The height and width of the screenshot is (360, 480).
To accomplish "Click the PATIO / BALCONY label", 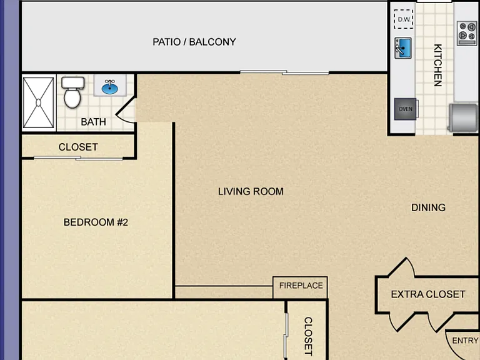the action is click(x=194, y=42).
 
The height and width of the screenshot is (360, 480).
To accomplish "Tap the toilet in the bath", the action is click(x=72, y=92).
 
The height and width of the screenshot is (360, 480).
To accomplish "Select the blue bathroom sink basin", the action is click(x=110, y=87).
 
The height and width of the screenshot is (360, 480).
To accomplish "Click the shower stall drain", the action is click(x=38, y=102).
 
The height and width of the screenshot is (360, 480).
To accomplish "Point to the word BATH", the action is click(x=93, y=122).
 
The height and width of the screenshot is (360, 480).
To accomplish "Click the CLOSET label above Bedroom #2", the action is click(x=78, y=147).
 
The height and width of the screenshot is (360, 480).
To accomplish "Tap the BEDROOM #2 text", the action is click(x=96, y=222).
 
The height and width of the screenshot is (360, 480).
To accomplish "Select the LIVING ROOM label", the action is click(x=251, y=192).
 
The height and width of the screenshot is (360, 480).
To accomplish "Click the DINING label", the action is click(x=428, y=207).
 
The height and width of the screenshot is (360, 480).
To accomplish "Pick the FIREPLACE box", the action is click(x=300, y=287).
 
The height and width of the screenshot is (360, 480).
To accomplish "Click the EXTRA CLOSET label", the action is click(x=428, y=294).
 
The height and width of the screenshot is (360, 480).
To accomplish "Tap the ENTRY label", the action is click(x=465, y=341).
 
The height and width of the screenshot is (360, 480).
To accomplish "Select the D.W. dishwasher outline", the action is click(x=404, y=19).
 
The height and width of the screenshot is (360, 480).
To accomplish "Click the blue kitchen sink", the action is click(x=403, y=48).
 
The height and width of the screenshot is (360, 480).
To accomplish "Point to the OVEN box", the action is click(x=405, y=109).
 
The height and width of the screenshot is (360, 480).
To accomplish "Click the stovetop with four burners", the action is click(x=467, y=33).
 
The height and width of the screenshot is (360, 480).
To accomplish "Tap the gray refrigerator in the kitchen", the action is click(x=463, y=117).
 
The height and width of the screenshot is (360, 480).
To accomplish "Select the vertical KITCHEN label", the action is click(x=438, y=65).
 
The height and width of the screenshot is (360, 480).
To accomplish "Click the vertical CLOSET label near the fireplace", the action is click(x=308, y=336).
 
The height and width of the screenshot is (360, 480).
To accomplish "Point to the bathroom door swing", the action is click(x=125, y=109).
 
